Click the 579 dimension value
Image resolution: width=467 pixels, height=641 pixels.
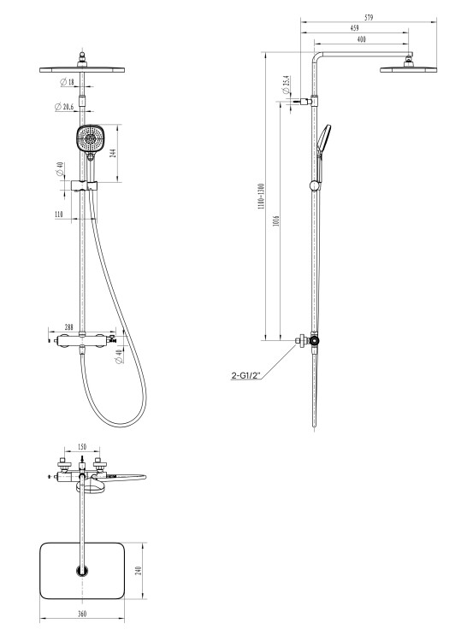click(x=369, y=18)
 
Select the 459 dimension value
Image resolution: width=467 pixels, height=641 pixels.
click(x=355, y=28)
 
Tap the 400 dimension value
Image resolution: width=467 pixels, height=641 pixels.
click(x=362, y=39)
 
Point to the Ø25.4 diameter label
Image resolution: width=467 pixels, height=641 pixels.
click(x=286, y=85)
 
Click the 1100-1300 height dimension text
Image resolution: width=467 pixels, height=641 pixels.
click(x=262, y=197)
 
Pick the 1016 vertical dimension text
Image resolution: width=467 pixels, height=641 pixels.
click(x=276, y=221)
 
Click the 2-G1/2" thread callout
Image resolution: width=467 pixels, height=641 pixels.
click(x=245, y=375)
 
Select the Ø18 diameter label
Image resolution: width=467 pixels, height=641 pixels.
click(x=68, y=82)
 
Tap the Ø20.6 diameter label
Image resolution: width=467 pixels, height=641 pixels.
click(x=64, y=107)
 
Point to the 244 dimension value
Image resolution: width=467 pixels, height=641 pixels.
click(x=113, y=153)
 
